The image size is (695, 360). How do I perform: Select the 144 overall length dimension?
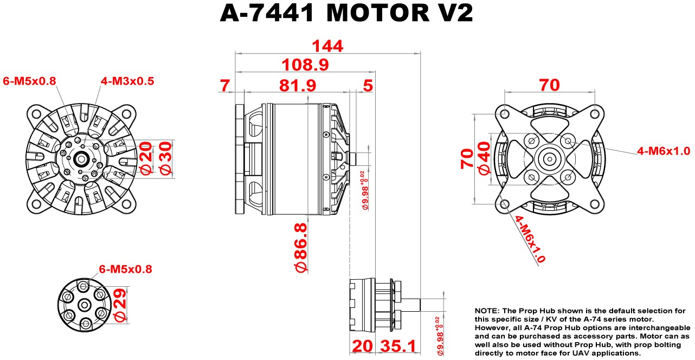point(327,47)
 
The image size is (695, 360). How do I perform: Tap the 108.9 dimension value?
point(305,65)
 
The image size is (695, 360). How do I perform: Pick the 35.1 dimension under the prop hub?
point(398,346)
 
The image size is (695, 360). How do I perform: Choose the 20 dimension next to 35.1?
point(362,346)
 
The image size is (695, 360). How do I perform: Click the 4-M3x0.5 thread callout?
point(127,81)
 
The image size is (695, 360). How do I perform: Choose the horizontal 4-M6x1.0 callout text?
point(664,151)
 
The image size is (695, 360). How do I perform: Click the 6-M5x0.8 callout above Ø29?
point(125,269)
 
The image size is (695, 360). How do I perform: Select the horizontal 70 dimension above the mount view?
point(549,85)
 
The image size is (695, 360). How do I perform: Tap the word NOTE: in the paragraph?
point(487,311)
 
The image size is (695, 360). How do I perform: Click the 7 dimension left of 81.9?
point(225,85)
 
